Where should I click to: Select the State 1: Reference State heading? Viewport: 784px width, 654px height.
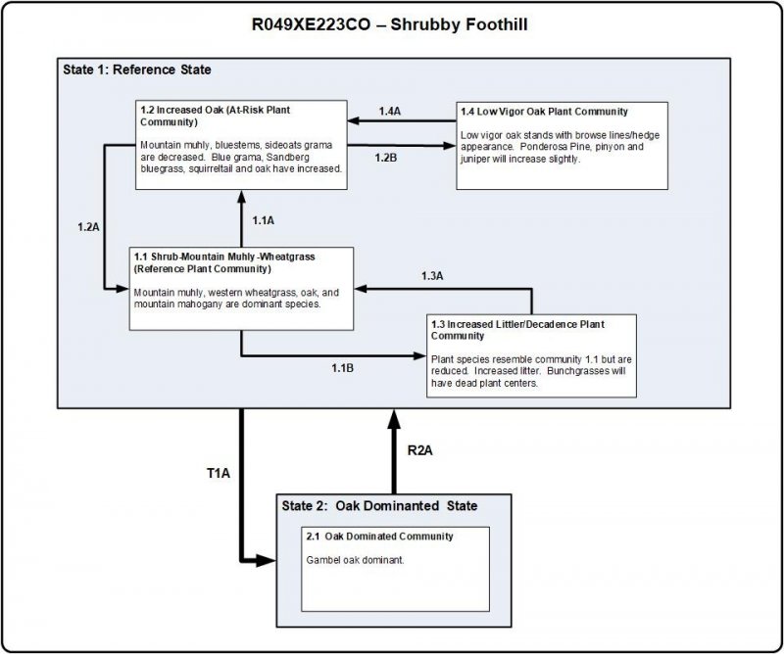131,70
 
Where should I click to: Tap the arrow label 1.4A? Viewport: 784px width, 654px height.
389,113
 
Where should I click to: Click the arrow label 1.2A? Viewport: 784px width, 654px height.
89,227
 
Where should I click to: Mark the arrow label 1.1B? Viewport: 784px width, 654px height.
342,367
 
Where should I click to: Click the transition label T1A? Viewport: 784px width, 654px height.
218,474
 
